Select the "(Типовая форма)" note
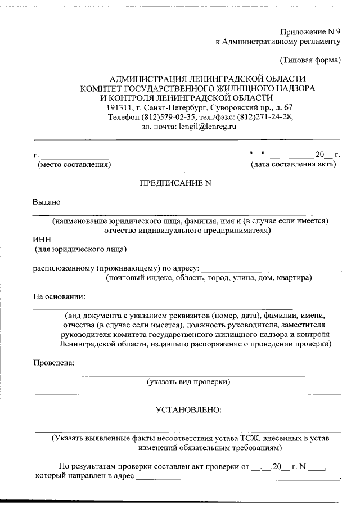point(310,60)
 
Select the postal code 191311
point(118,107)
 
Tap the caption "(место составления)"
point(74,165)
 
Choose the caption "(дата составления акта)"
point(294,164)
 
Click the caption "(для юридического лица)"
point(80,249)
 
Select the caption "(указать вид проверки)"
point(188,382)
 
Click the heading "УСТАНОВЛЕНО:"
point(188,410)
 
